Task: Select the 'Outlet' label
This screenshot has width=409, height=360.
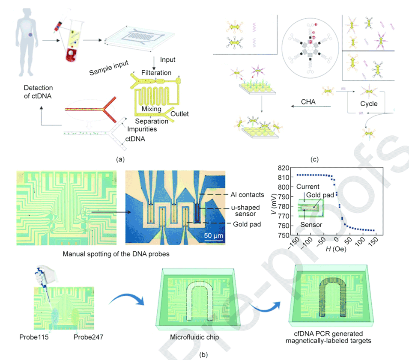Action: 179,113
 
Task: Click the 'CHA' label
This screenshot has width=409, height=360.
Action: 310,101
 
